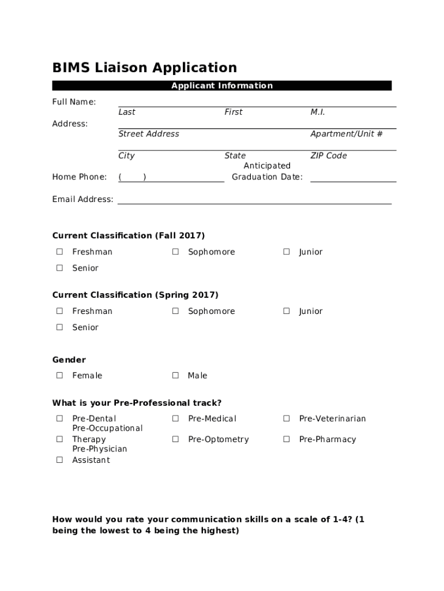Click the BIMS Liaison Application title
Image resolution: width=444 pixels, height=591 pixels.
tap(144, 68)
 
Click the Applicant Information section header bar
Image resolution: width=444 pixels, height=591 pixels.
tap(222, 86)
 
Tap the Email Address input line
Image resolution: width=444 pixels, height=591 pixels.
tap(254, 200)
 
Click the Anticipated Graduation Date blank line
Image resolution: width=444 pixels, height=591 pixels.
tap(353, 178)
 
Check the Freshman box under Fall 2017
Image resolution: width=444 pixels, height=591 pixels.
tap(59, 252)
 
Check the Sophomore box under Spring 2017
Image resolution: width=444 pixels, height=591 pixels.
tap(175, 311)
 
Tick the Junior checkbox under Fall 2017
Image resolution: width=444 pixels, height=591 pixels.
tap(286, 252)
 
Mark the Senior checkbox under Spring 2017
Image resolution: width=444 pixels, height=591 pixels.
tap(59, 327)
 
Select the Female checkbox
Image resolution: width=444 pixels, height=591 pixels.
tap(59, 376)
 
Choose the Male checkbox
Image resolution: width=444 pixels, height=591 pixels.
tap(175, 376)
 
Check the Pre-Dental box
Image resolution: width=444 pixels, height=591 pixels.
tap(59, 418)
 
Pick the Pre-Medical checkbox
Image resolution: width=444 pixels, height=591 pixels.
tap(175, 418)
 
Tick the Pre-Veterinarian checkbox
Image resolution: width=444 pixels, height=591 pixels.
tap(286, 418)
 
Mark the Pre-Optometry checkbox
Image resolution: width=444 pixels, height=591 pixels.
tap(175, 439)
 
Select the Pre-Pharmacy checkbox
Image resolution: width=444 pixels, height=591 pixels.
tap(286, 439)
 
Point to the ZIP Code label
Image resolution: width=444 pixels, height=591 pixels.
tap(329, 156)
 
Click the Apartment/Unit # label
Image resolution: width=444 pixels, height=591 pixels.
tap(346, 134)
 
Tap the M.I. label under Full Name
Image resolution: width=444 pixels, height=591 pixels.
tap(318, 112)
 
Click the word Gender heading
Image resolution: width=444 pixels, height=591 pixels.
tap(69, 360)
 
